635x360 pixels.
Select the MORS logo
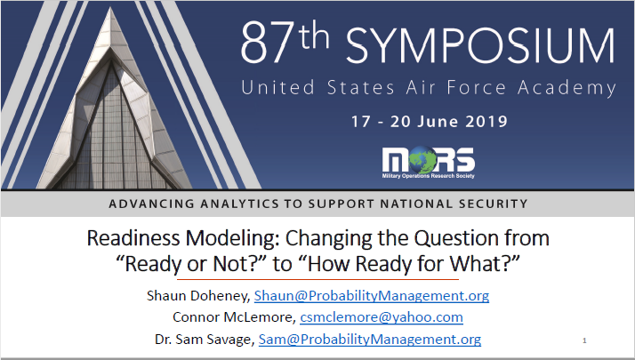coord(428,161)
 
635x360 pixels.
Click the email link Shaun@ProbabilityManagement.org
coord(372,295)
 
